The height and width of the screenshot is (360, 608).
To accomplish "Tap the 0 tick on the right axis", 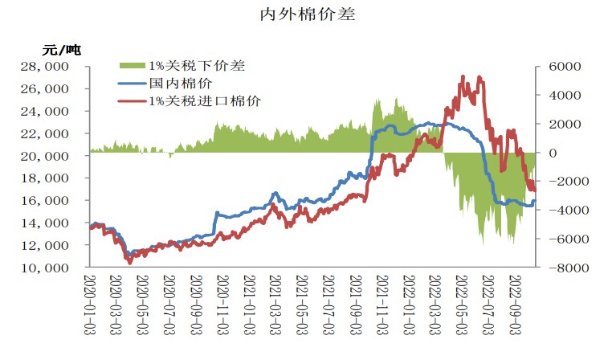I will coord(549,153).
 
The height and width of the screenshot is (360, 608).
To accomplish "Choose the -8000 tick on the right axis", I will coord(559,268).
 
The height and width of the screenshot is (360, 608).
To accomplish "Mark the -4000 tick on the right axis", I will coord(559,210).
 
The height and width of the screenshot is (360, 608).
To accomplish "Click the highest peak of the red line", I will coord(463,76).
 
